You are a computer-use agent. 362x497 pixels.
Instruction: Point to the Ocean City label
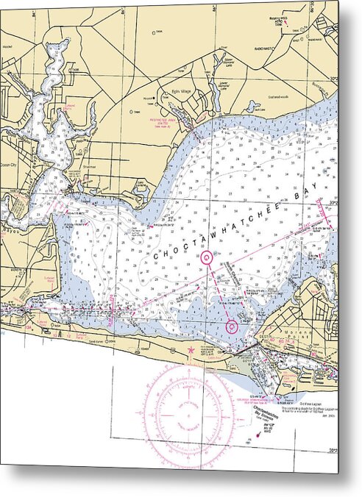coord(9,165)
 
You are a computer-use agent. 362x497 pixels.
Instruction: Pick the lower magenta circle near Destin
coord(232,326)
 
